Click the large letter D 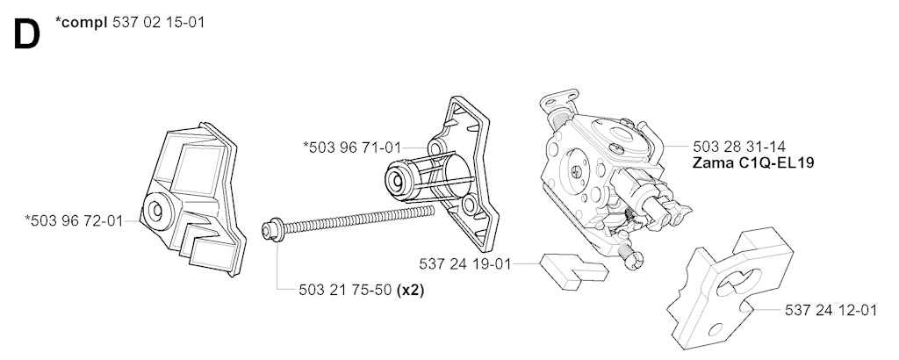[26, 35]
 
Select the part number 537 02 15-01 [158, 23]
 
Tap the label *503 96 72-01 [74, 220]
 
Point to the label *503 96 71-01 [352, 148]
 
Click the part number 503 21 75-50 [346, 290]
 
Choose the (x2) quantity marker [411, 290]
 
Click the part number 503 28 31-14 [739, 146]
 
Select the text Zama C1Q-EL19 [753, 162]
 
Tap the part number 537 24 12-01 [831, 310]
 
